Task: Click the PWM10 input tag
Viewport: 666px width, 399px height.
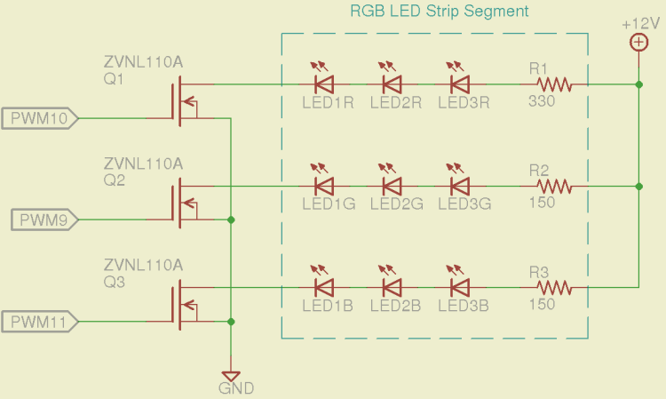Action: (41, 117)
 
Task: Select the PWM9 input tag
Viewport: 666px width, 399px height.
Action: (44, 219)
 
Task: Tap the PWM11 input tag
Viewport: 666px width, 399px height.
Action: (41, 321)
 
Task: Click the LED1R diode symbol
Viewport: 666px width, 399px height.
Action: (325, 84)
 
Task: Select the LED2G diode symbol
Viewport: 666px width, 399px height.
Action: (392, 187)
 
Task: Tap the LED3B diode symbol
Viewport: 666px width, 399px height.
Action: (459, 288)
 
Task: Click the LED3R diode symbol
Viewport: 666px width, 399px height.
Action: (459, 84)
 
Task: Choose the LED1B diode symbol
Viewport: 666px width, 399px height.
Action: (325, 288)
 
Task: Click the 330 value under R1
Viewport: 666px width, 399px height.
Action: (542, 101)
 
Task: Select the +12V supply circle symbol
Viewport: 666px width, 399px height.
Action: (638, 43)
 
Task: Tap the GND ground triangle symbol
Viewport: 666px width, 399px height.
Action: (231, 375)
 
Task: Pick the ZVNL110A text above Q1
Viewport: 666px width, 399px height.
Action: (143, 62)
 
